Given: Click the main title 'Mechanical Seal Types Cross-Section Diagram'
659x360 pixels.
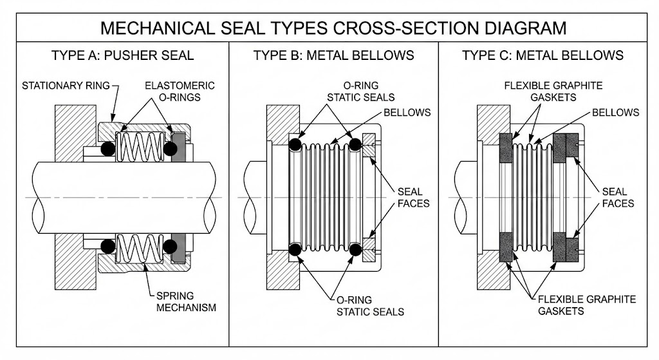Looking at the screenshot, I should click(x=329, y=28).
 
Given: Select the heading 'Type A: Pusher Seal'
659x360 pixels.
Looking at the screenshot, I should click(x=122, y=55).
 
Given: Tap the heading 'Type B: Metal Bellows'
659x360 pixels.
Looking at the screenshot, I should click(x=333, y=55).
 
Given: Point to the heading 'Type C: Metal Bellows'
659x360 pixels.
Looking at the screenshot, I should click(x=543, y=55).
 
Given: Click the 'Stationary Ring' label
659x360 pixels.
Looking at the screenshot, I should click(x=66, y=85).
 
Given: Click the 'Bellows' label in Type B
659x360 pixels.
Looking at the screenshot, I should click(x=407, y=112).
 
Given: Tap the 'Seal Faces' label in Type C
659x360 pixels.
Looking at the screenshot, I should click(x=618, y=197).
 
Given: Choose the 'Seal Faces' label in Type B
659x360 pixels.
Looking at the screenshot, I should click(x=409, y=197).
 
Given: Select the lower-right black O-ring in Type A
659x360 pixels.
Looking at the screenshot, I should click(x=171, y=246).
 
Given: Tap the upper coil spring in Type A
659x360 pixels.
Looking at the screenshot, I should click(x=140, y=149).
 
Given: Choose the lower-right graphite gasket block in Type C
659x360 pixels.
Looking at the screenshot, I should click(x=570, y=247).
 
